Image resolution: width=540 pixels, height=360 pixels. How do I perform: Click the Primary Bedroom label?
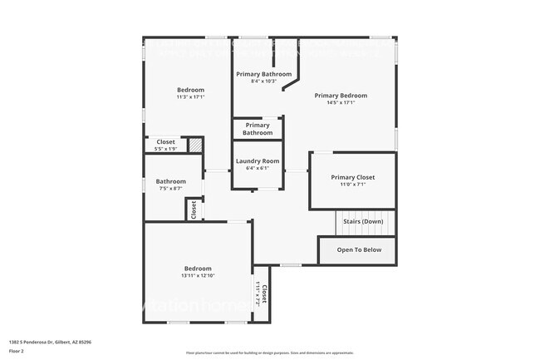coord(341,96)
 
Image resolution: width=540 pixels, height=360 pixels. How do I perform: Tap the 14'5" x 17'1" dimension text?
coord(341,103)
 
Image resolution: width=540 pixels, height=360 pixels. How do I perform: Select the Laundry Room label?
coord(258,161)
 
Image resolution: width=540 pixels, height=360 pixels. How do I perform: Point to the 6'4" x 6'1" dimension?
coord(258,169)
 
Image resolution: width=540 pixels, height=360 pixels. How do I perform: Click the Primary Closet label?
coord(353,177)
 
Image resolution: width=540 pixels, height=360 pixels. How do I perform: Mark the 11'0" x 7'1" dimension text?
coord(353,185)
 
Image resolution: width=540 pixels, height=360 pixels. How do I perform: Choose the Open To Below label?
coord(359,249)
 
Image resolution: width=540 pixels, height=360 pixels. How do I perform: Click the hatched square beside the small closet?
coord(195,145)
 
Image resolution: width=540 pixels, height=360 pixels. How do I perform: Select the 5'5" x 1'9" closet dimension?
coord(165,149)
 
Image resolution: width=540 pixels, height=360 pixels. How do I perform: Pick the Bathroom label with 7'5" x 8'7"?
coord(170,181)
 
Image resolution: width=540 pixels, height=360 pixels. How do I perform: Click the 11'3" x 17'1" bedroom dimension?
coord(190,97)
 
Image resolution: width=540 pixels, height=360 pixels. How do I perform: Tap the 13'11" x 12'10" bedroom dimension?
coord(198,276)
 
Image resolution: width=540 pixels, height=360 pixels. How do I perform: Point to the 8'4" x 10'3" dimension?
coord(264,81)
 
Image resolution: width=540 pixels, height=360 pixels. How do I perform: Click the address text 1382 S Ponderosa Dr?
coord(50,342)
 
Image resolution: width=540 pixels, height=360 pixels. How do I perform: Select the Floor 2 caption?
coord(17,351)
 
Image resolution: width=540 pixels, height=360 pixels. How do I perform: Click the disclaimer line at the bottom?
coord(270,353)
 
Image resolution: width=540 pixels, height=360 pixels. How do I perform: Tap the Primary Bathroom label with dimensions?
coord(264,74)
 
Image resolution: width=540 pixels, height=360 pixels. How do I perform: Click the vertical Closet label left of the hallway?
coord(194,210)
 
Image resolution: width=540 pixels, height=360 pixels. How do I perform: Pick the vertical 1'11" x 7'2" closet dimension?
coord(258,294)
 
